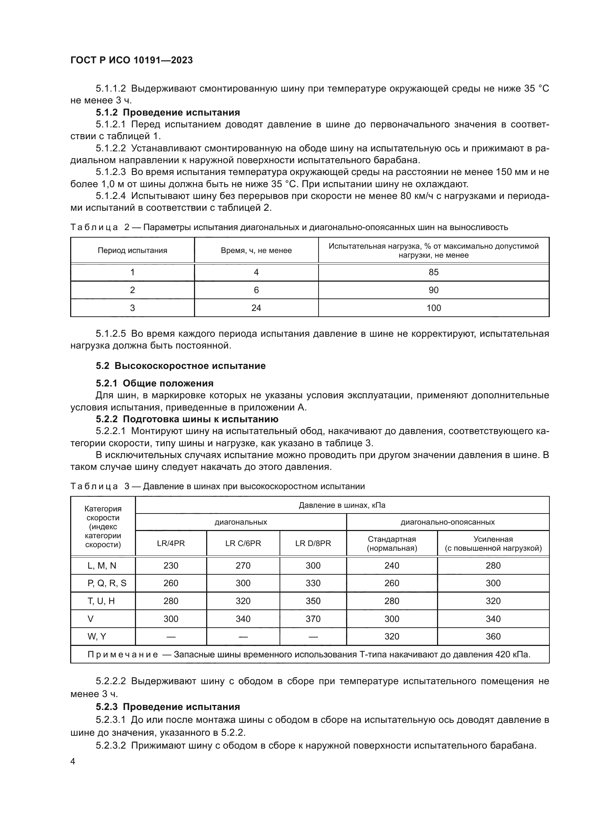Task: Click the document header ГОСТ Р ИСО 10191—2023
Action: pos(131,60)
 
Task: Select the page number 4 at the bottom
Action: pos(73,761)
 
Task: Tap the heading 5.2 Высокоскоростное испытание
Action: pos(180,366)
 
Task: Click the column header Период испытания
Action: pos(132,250)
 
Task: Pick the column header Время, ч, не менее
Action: pos(256,250)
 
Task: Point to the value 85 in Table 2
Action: pos(433,272)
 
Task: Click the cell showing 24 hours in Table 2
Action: pos(256,308)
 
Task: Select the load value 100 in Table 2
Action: pos(433,308)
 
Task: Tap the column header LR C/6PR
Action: pos(243,543)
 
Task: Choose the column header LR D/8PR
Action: pos(313,543)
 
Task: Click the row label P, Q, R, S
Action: pos(107,583)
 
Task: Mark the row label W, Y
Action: pos(97,636)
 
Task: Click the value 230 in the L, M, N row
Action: pos(171,565)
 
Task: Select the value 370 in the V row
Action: pos(313,619)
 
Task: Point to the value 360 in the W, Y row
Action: pos(493,636)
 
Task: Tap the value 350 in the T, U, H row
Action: pos(313,601)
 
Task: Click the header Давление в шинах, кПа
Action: pos(342,505)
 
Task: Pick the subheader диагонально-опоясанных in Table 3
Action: pos(448,522)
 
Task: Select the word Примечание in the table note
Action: pos(123,654)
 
